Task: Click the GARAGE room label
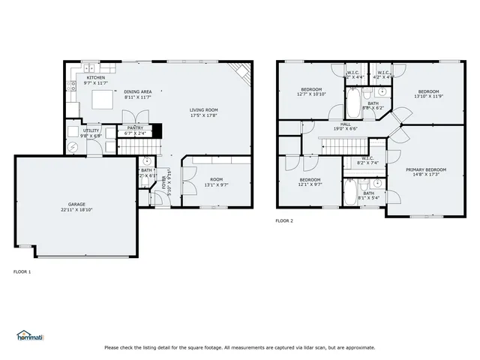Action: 76,205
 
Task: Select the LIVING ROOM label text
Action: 203,110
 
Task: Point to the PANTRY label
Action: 135,128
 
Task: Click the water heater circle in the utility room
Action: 72,147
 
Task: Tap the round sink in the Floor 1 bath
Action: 148,161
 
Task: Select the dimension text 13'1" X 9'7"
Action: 216,184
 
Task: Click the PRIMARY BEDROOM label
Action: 426,169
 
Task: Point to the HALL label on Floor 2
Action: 346,124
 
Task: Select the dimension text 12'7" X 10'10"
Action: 311,94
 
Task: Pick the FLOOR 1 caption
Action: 22,271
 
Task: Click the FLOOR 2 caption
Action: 284,220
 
